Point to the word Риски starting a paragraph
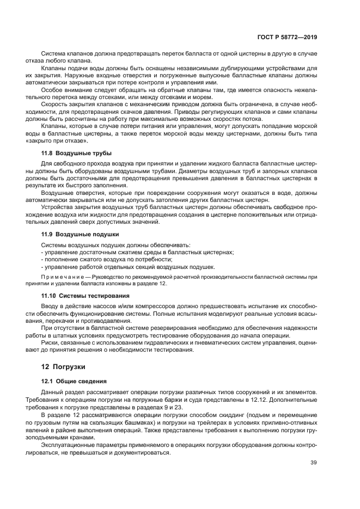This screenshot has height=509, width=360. coord(50,342)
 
